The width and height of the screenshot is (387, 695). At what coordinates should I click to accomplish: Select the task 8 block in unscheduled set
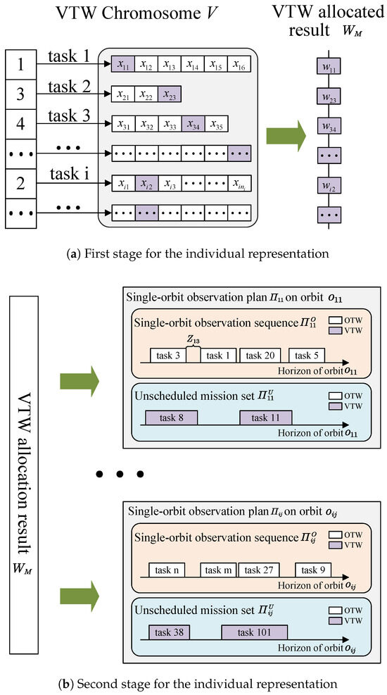click(x=171, y=418)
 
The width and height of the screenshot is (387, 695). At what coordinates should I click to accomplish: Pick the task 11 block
click(x=265, y=418)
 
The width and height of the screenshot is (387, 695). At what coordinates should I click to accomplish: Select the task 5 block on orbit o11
click(x=308, y=355)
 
